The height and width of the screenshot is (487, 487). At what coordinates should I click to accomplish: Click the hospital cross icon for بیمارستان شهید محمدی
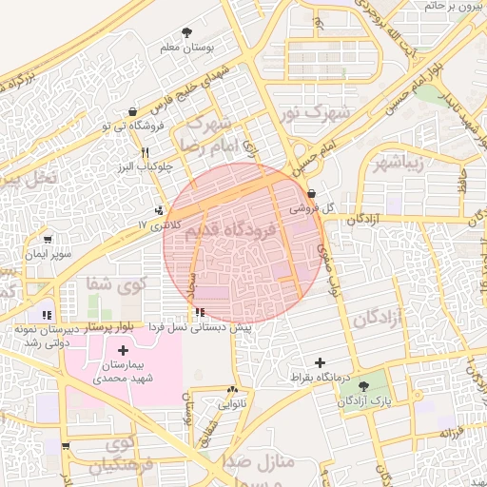[123, 351]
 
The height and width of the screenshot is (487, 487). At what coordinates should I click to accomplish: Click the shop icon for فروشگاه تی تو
[131, 112]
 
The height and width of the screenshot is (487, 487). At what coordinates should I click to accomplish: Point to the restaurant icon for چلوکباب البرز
[145, 152]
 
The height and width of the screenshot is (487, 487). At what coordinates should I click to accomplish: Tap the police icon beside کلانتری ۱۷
[159, 210]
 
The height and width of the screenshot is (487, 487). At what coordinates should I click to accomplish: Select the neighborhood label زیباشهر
[424, 161]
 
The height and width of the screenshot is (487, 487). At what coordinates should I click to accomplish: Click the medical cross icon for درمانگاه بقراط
[320, 363]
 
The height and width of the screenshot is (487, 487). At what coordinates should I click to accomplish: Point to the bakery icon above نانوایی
[232, 390]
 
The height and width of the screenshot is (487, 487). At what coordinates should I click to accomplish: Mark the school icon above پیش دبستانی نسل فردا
[199, 313]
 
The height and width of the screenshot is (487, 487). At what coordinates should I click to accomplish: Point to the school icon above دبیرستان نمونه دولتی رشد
[46, 314]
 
